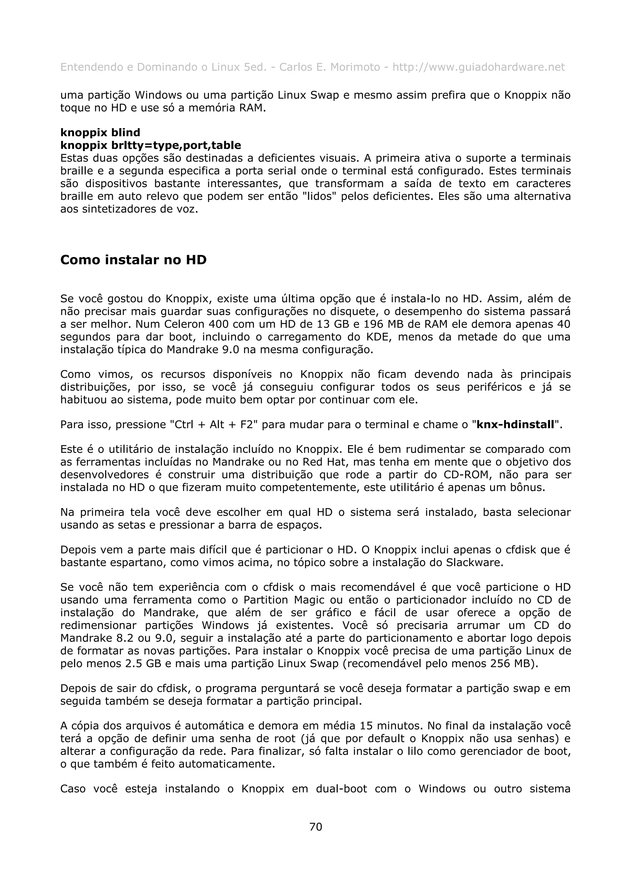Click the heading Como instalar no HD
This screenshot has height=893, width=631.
pyautogui.click(x=133, y=260)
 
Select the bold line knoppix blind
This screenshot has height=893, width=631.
pyautogui.click(x=100, y=133)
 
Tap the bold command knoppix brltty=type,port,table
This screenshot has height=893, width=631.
pyautogui.click(x=150, y=145)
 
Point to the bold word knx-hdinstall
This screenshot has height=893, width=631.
pyautogui.click(x=515, y=424)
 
